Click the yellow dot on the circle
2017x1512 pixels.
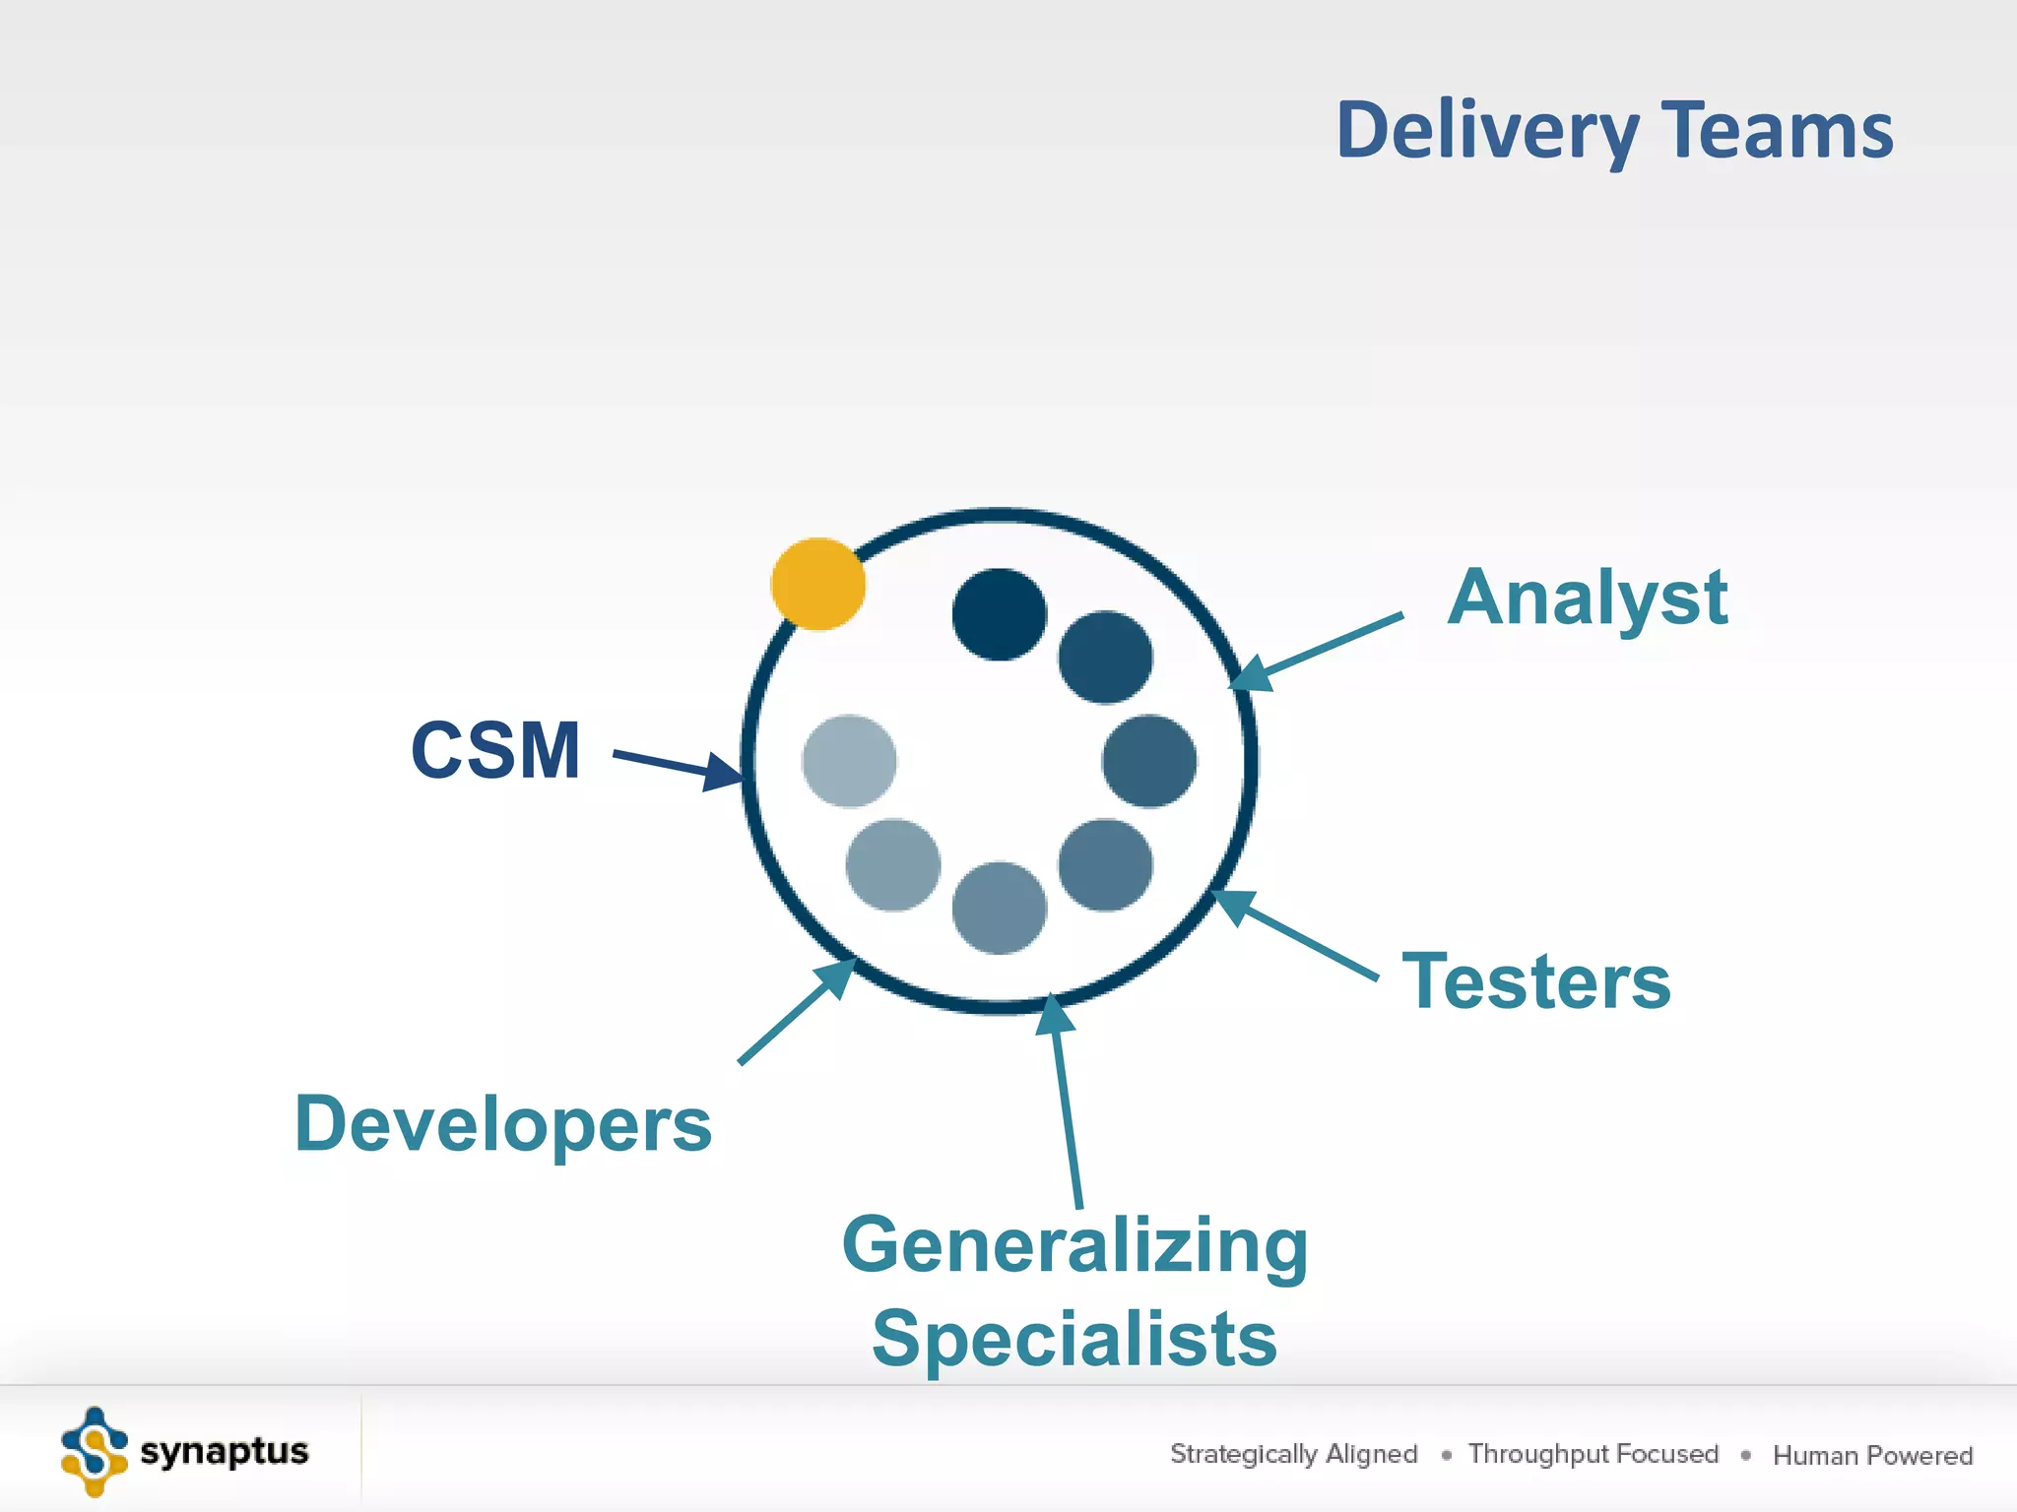coord(817,584)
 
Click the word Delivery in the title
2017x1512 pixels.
coord(1486,131)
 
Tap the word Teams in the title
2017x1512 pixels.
coord(1778,131)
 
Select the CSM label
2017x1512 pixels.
coord(495,751)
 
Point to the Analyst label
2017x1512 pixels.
coord(1587,598)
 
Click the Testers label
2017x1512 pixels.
coord(1536,981)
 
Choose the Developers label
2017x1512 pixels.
coord(503,1124)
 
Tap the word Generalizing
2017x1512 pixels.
coord(1075,1246)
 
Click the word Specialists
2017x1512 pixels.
coord(1074,1339)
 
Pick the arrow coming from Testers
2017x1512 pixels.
coord(1294,935)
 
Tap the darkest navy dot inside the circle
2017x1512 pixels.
coord(999,614)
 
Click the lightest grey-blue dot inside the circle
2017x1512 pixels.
coord(849,761)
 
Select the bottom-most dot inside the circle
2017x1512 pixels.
coord(999,908)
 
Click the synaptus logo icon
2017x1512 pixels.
coord(94,1452)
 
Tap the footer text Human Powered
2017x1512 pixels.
coord(1872,1455)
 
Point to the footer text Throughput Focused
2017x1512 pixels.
coord(1593,1454)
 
